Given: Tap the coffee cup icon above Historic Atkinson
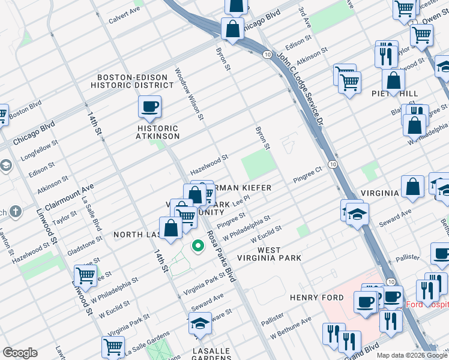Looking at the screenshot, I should pos(149,107).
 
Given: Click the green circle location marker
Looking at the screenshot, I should pos(197,245).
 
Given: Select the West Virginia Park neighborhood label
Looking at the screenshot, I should pos(279,253).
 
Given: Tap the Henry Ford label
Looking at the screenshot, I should pos(316,298).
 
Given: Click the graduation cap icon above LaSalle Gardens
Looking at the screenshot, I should pos(200,325).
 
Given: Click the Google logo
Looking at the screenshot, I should pos(20,353).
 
